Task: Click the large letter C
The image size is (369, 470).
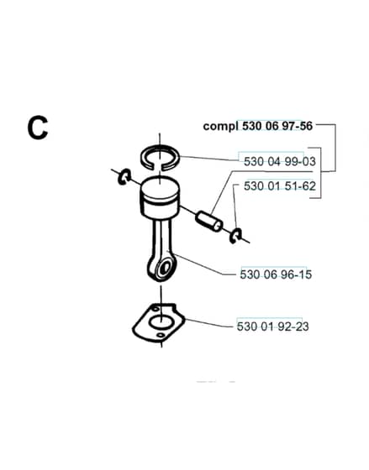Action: (x=38, y=128)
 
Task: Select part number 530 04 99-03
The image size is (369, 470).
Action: (x=280, y=161)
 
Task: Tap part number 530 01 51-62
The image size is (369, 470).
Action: (x=280, y=186)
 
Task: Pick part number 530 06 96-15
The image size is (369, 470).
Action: (x=276, y=274)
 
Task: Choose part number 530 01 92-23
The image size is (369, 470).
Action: (x=272, y=326)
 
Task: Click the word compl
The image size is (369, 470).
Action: (x=221, y=126)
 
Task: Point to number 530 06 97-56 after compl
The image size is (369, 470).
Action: (x=277, y=126)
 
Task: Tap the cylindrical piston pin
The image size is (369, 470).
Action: (x=209, y=222)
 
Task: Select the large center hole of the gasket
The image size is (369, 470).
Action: (x=161, y=322)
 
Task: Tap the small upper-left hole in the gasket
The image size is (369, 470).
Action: (x=156, y=309)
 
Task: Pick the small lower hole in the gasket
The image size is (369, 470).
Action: (x=161, y=335)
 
